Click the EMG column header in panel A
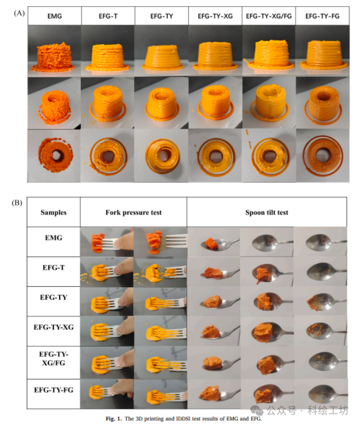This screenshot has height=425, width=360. pyautogui.click(x=55, y=16)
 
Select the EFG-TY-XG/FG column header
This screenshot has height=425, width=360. pyautogui.click(x=269, y=16)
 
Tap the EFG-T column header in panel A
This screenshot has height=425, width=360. pyautogui.click(x=108, y=16)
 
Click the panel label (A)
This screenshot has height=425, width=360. pyautogui.click(x=19, y=13)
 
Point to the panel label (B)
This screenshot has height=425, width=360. pyautogui.click(x=17, y=203)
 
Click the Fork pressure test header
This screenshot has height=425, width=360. pyautogui.click(x=134, y=212)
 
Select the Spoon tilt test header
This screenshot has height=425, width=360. pyautogui.click(x=266, y=212)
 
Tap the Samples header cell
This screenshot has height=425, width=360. pyautogui.click(x=54, y=212)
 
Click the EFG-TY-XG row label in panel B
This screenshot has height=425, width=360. pyautogui.click(x=54, y=327)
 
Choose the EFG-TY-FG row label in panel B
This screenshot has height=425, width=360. pyautogui.click(x=54, y=390)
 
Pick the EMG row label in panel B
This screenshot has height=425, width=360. pyautogui.click(x=54, y=238)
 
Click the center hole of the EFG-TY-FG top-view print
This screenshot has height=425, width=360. pyautogui.click(x=322, y=154)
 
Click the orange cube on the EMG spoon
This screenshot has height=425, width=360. pyautogui.click(x=211, y=243)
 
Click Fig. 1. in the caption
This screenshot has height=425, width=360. pyautogui.click(x=114, y=418)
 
